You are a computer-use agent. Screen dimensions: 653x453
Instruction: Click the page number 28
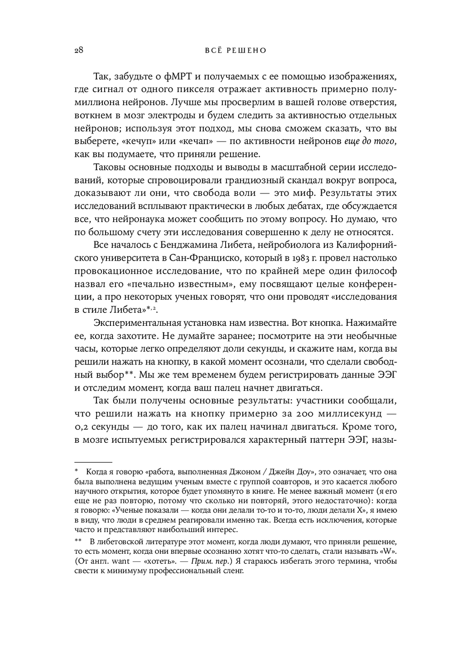(x=77, y=50)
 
